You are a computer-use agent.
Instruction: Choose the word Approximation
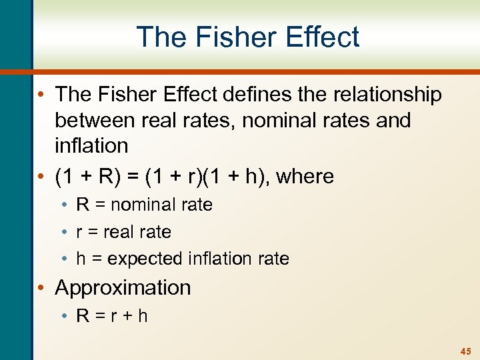123,288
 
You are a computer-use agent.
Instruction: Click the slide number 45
465,351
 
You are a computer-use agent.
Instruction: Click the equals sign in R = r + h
98,315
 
